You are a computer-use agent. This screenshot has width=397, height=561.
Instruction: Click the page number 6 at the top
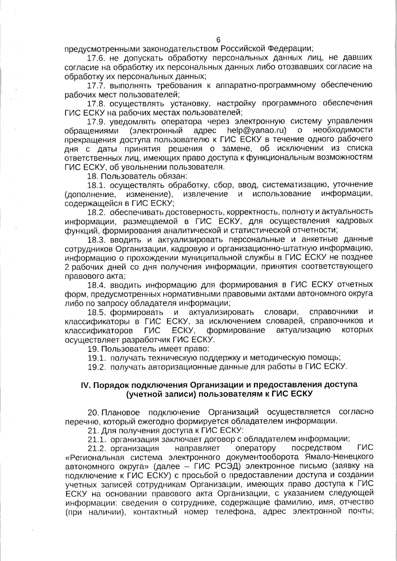[218, 40]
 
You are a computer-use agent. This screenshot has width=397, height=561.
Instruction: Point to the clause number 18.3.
[96, 239]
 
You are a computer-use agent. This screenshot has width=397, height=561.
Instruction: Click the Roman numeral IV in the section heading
[86, 385]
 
